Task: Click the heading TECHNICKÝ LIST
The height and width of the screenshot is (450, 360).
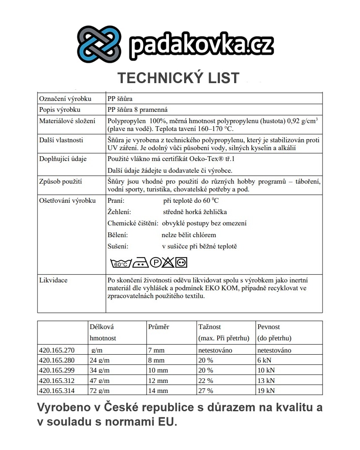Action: point(178,78)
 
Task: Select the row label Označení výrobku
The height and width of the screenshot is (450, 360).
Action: point(65,99)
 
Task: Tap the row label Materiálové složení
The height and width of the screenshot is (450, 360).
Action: point(67,121)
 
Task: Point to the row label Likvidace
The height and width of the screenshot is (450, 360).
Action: point(54,280)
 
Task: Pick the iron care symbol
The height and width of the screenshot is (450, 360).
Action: point(140,262)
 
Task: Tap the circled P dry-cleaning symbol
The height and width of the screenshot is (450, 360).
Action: point(155,262)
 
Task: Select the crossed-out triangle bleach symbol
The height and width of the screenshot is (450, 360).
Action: point(168,262)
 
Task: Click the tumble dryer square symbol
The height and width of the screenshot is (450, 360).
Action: point(181,262)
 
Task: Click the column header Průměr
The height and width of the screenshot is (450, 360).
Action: point(158,326)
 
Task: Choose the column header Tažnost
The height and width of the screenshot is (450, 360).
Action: point(209,326)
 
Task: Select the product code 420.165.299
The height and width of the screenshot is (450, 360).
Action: point(57,370)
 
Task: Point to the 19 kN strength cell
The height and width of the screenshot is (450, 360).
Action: point(266,391)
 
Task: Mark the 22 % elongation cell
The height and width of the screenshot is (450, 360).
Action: point(205,381)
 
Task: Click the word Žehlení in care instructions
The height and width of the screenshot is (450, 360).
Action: point(118,212)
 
